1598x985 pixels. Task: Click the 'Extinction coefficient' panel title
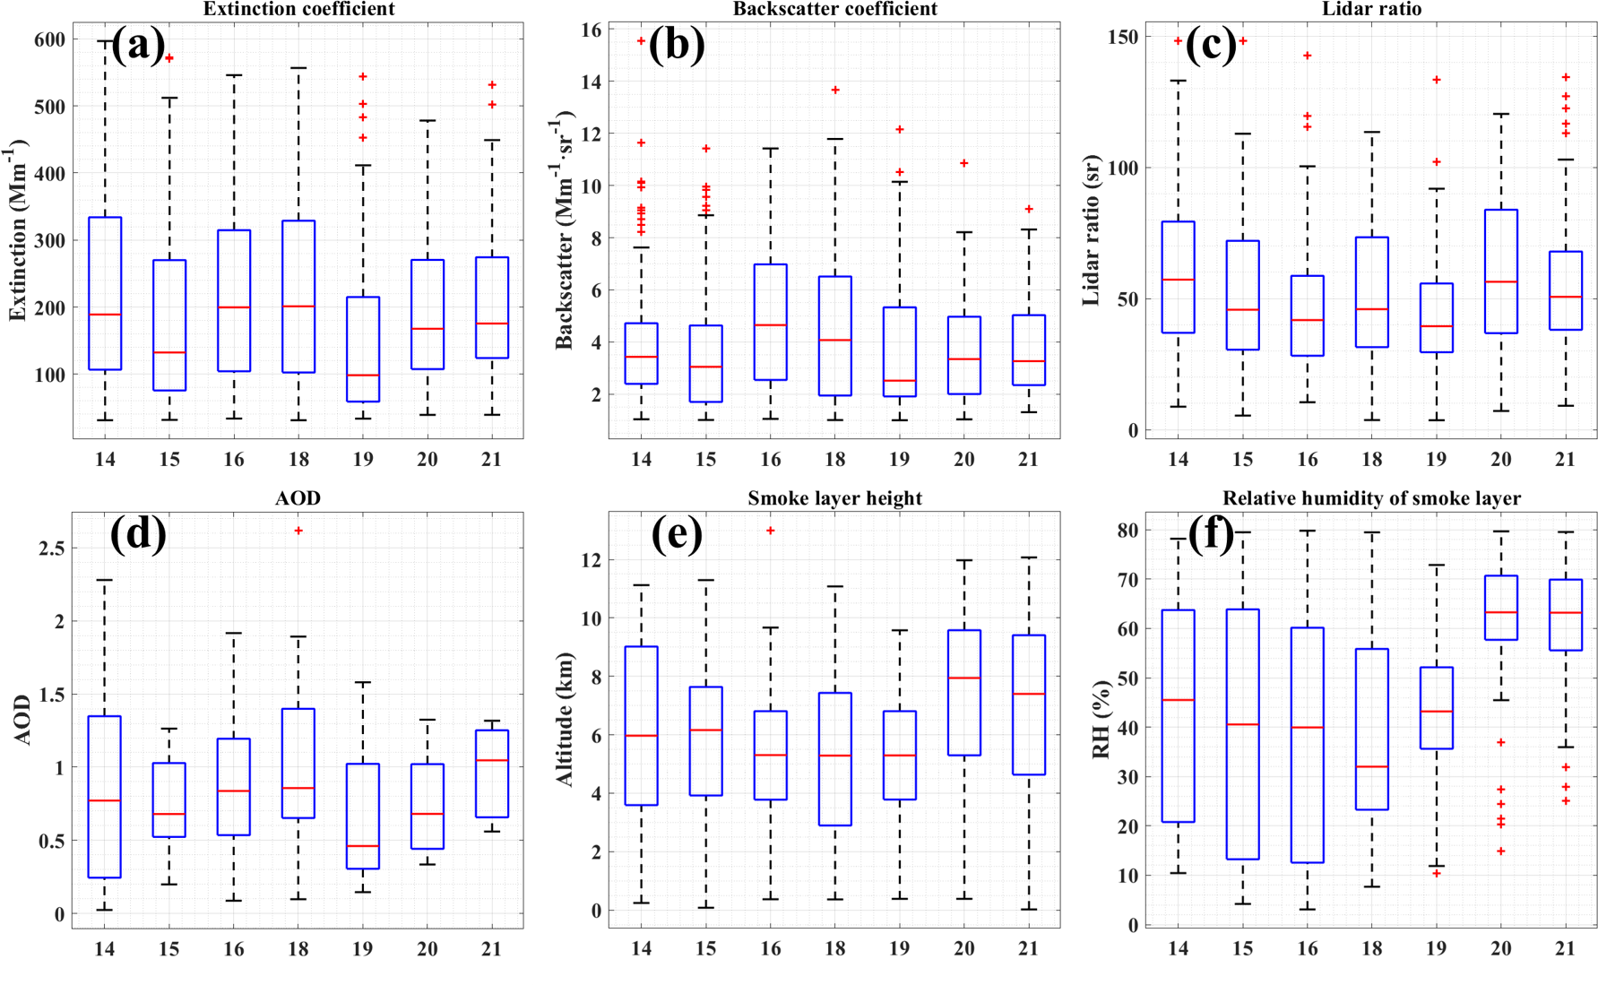[x=298, y=9]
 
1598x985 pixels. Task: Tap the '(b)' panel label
[x=677, y=44]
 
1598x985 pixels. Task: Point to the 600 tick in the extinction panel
[x=50, y=39]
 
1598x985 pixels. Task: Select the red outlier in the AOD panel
[x=298, y=531]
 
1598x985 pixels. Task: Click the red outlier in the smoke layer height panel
[x=770, y=531]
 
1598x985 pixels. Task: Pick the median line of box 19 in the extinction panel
[x=363, y=375]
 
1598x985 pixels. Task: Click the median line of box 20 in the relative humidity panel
[x=1501, y=612]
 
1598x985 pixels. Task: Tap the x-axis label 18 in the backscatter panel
[x=834, y=459]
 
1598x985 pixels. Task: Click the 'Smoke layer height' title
[x=834, y=498]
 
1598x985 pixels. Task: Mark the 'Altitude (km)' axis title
[x=565, y=720]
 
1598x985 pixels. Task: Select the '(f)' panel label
[x=1212, y=534]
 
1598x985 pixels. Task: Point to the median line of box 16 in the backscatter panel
[x=771, y=324]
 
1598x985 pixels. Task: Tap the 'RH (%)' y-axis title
[x=1101, y=720]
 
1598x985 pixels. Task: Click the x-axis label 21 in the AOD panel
[x=491, y=948]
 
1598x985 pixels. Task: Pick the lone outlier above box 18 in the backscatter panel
[x=835, y=90]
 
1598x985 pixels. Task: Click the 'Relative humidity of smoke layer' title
[x=1371, y=498]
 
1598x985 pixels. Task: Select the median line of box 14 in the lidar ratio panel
[x=1178, y=280]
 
